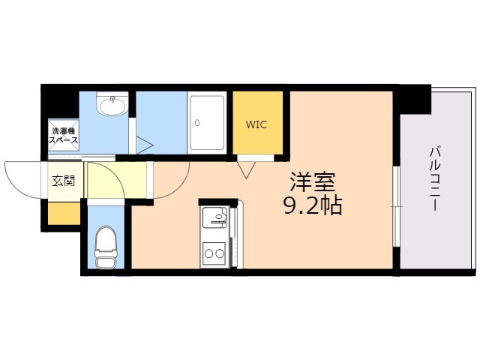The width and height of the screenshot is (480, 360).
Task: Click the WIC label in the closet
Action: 256,124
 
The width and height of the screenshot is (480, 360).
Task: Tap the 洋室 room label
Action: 313,181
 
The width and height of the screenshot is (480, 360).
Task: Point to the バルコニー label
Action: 435,178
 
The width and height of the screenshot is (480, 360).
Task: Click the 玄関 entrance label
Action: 63,181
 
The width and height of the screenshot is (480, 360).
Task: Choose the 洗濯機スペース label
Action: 64,136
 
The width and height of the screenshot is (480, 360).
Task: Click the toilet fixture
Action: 106,247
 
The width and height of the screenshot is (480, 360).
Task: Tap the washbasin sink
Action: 112,104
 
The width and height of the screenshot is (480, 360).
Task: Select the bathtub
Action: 207,122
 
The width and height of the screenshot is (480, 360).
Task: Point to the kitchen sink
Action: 214,217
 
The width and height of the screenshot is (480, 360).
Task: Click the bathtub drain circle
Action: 197,123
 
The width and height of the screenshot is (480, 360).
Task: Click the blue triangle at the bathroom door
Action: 144,145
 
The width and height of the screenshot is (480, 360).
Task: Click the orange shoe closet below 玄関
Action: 64,213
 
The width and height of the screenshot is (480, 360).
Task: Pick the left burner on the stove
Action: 209,253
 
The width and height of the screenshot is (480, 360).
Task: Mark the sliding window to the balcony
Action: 397,206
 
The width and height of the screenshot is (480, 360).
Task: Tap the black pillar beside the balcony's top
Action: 412,99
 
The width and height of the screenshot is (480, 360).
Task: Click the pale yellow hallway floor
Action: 116,180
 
